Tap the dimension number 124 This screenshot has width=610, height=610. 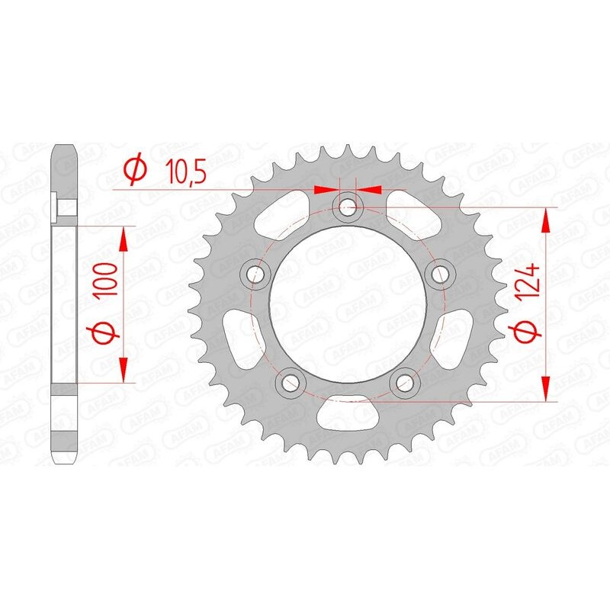(x=532, y=284)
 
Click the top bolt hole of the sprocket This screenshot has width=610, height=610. (x=348, y=204)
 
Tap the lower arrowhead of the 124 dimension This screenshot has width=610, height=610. (x=546, y=389)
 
